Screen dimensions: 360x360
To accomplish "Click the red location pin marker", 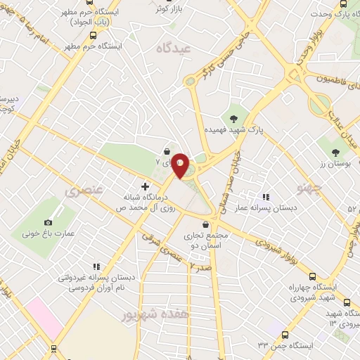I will [x=181, y=165].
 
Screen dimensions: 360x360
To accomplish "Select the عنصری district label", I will [x=84, y=190].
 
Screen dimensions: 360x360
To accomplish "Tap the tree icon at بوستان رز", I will [x=336, y=152].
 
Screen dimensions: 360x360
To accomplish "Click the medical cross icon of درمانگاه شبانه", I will [x=145, y=186].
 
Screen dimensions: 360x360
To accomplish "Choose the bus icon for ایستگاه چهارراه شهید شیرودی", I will [x=312, y=276].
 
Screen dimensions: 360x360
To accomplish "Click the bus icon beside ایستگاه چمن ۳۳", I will [x=284, y=335].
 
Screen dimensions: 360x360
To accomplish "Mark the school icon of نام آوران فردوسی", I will [x=96, y=266].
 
